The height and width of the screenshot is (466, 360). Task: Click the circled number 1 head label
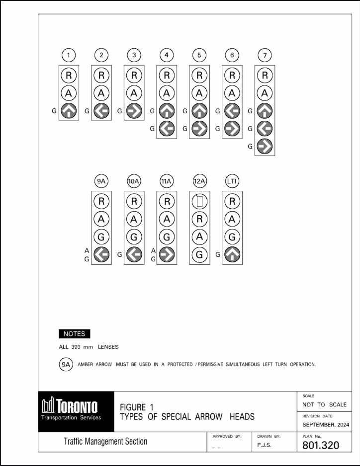tap(69, 55)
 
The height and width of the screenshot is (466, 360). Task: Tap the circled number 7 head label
tap(265, 55)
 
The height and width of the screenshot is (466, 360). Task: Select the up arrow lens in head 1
tap(69, 111)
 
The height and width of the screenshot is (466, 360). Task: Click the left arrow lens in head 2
tap(101, 111)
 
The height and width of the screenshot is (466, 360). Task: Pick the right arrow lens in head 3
tap(134, 111)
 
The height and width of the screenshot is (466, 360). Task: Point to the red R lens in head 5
tap(199, 76)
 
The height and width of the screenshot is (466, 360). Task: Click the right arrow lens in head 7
tap(265, 146)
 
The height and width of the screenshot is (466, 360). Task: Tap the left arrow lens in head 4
tap(167, 129)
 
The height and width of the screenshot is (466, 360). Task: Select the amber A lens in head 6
tap(232, 93)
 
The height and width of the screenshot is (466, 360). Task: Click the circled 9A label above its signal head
tap(101, 181)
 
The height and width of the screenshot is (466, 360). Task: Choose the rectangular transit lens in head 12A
tap(199, 201)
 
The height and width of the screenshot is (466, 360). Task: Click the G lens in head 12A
tap(199, 255)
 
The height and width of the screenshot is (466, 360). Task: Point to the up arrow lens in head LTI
tap(232, 255)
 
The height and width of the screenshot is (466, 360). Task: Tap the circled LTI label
tap(232, 181)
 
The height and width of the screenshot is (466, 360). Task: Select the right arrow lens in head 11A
tap(167, 255)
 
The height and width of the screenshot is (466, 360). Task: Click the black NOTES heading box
tap(74, 334)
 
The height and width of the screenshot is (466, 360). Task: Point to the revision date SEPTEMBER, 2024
tap(326, 425)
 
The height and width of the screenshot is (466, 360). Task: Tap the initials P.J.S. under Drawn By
tap(264, 446)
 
